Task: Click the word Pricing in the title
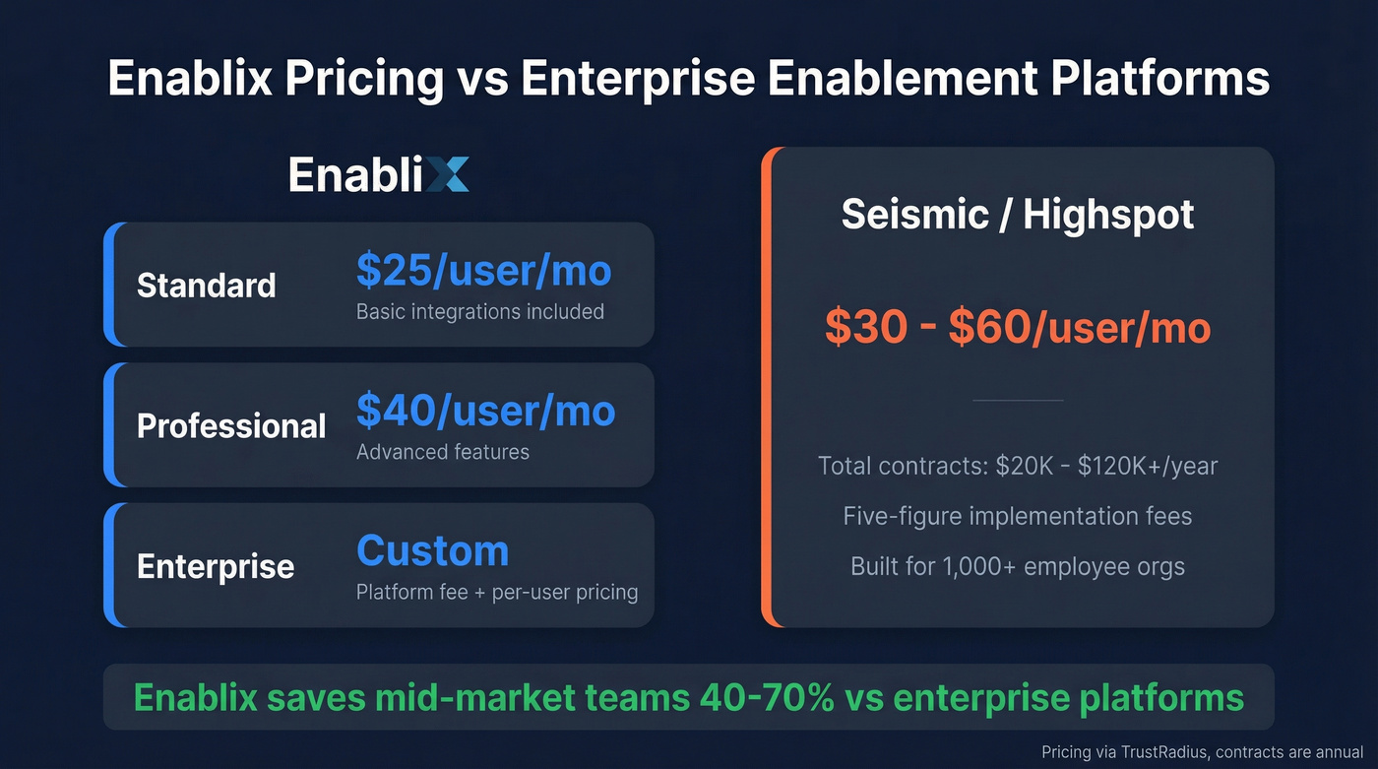(x=364, y=78)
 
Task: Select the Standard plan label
(x=206, y=286)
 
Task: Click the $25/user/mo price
(x=483, y=271)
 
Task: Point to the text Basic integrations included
(x=479, y=312)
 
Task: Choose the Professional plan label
(x=231, y=425)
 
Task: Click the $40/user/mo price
(x=485, y=411)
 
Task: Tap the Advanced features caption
(x=442, y=452)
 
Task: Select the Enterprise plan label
(x=216, y=566)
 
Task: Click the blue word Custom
(x=432, y=551)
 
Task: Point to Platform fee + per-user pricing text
(x=496, y=593)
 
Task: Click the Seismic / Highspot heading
(x=1018, y=214)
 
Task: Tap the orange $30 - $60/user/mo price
(x=1018, y=328)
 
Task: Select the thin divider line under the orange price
(x=1018, y=400)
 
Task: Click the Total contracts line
(x=1018, y=465)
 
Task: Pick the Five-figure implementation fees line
(x=1018, y=516)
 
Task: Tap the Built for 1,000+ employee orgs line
(x=1018, y=567)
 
